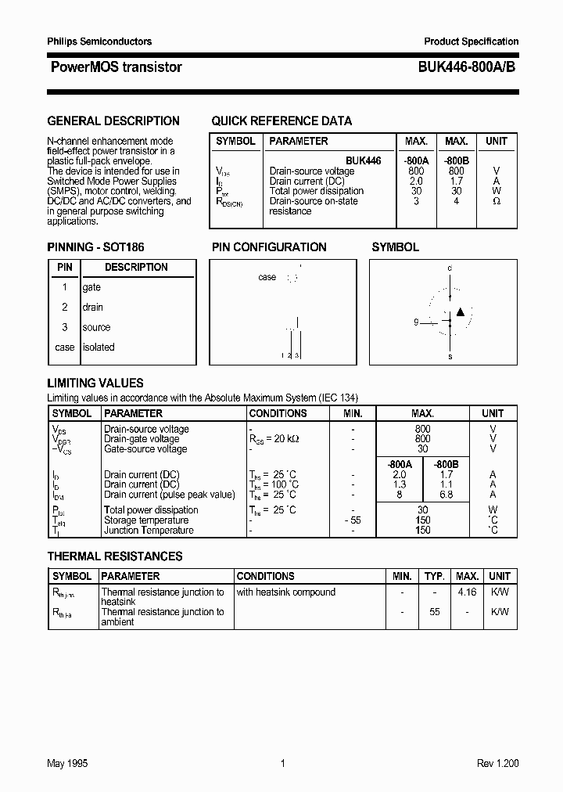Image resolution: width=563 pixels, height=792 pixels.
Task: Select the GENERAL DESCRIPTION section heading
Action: click(x=113, y=121)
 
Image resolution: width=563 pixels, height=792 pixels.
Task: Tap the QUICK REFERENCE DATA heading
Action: click(x=281, y=121)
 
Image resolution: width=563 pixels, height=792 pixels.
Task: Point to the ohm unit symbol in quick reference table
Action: click(x=497, y=201)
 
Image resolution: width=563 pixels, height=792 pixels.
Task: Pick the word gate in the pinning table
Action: click(x=91, y=287)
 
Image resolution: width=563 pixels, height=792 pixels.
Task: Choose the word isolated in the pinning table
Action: click(x=99, y=347)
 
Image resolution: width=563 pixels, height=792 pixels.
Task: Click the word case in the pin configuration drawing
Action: click(x=267, y=277)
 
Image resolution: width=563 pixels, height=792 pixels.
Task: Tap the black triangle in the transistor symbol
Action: click(x=461, y=312)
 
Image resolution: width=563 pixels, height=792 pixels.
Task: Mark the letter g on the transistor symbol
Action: click(x=417, y=322)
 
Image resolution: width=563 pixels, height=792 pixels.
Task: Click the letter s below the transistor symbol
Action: click(x=450, y=356)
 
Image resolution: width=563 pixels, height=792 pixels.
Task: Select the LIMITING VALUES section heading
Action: click(x=95, y=383)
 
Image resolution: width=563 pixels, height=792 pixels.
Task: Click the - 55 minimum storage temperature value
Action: click(x=353, y=520)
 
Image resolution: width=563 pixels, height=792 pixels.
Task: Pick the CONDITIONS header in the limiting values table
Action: click(x=278, y=413)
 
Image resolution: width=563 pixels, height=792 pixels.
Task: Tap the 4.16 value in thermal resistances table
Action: click(x=467, y=592)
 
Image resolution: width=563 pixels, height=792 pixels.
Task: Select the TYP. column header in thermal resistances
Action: click(x=434, y=576)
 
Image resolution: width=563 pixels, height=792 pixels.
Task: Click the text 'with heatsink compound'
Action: click(x=285, y=592)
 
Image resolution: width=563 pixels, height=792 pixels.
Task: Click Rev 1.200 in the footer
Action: click(x=497, y=763)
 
